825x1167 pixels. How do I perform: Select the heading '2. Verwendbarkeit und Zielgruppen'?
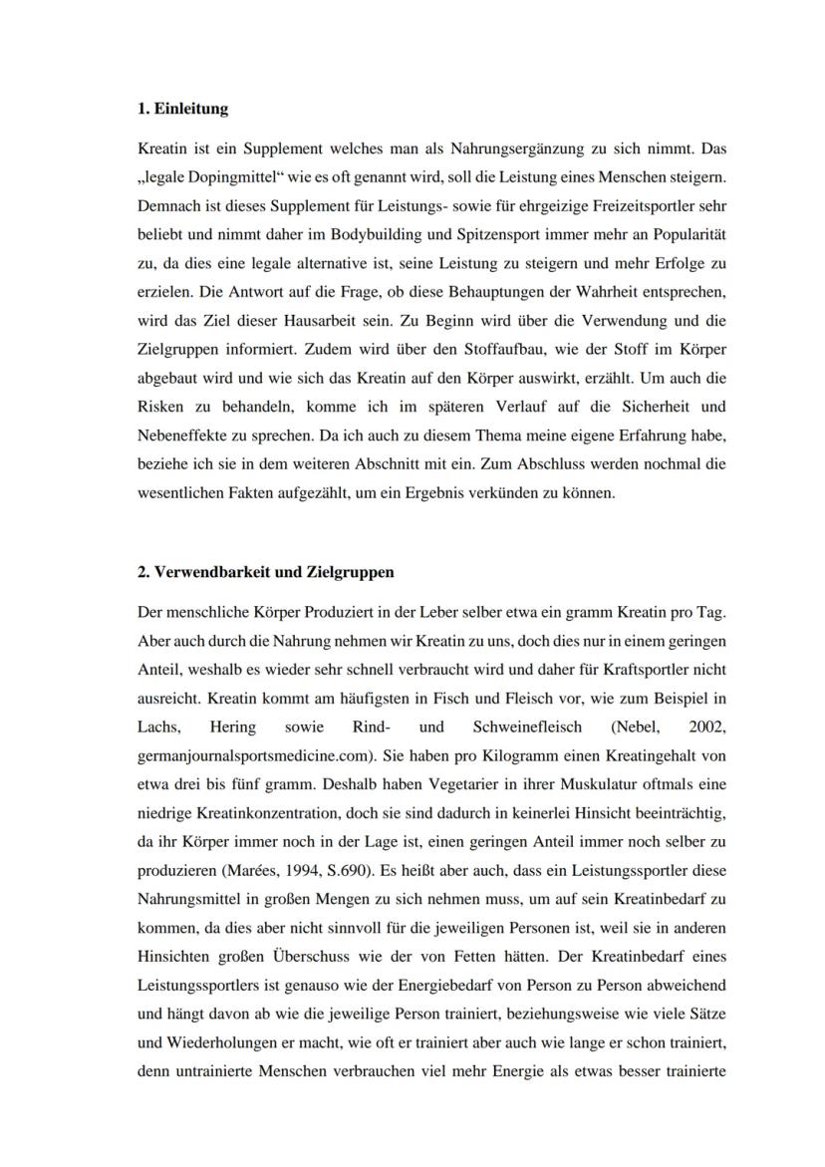pos(265,572)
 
